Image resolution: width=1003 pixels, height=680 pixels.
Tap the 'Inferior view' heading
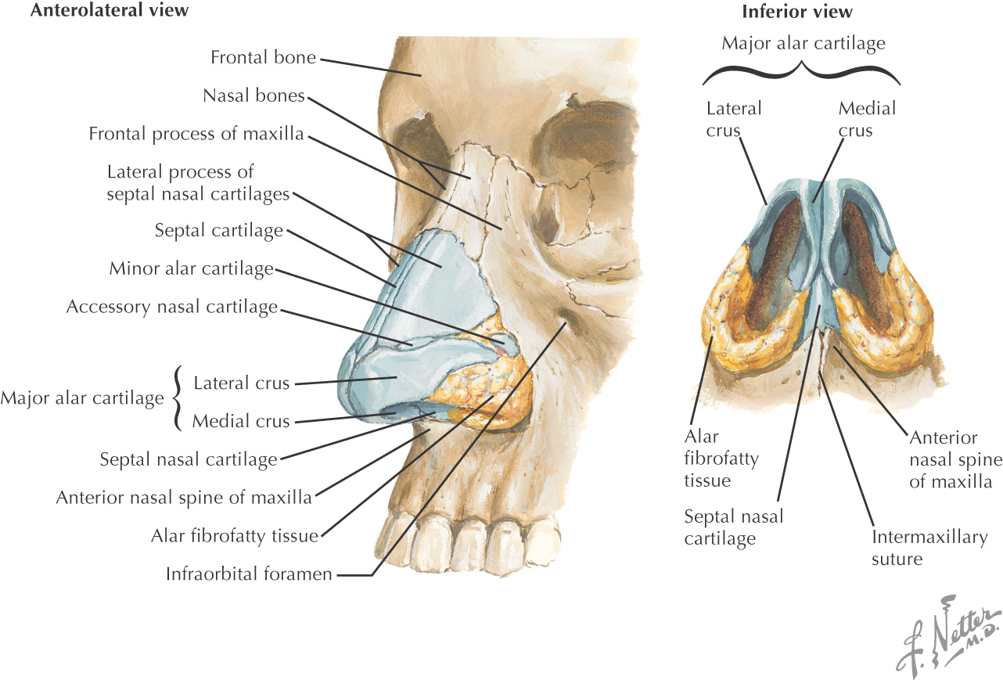pos(796,12)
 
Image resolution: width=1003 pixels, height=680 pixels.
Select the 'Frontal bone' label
pos(264,57)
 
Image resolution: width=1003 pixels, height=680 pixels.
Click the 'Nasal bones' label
pos(253,95)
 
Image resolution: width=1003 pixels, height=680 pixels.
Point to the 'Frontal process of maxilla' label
pos(196,134)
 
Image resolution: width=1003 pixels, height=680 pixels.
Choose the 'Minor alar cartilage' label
pos(191,268)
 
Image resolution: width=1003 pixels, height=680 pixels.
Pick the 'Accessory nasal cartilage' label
pos(172,307)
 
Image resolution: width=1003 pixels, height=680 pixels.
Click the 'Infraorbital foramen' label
pos(249,574)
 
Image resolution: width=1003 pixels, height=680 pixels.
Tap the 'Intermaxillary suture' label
pos(929,548)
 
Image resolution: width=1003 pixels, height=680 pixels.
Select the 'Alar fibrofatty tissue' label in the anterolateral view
pos(235,536)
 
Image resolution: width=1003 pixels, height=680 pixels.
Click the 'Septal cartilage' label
pos(218,231)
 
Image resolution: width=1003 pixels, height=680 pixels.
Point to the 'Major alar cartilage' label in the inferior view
pos(803,43)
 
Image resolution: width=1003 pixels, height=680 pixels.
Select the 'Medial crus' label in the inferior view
pos(867,118)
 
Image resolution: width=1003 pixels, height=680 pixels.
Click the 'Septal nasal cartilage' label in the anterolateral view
pos(189,459)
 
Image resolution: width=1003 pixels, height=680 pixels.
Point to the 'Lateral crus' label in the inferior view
pos(733,118)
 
